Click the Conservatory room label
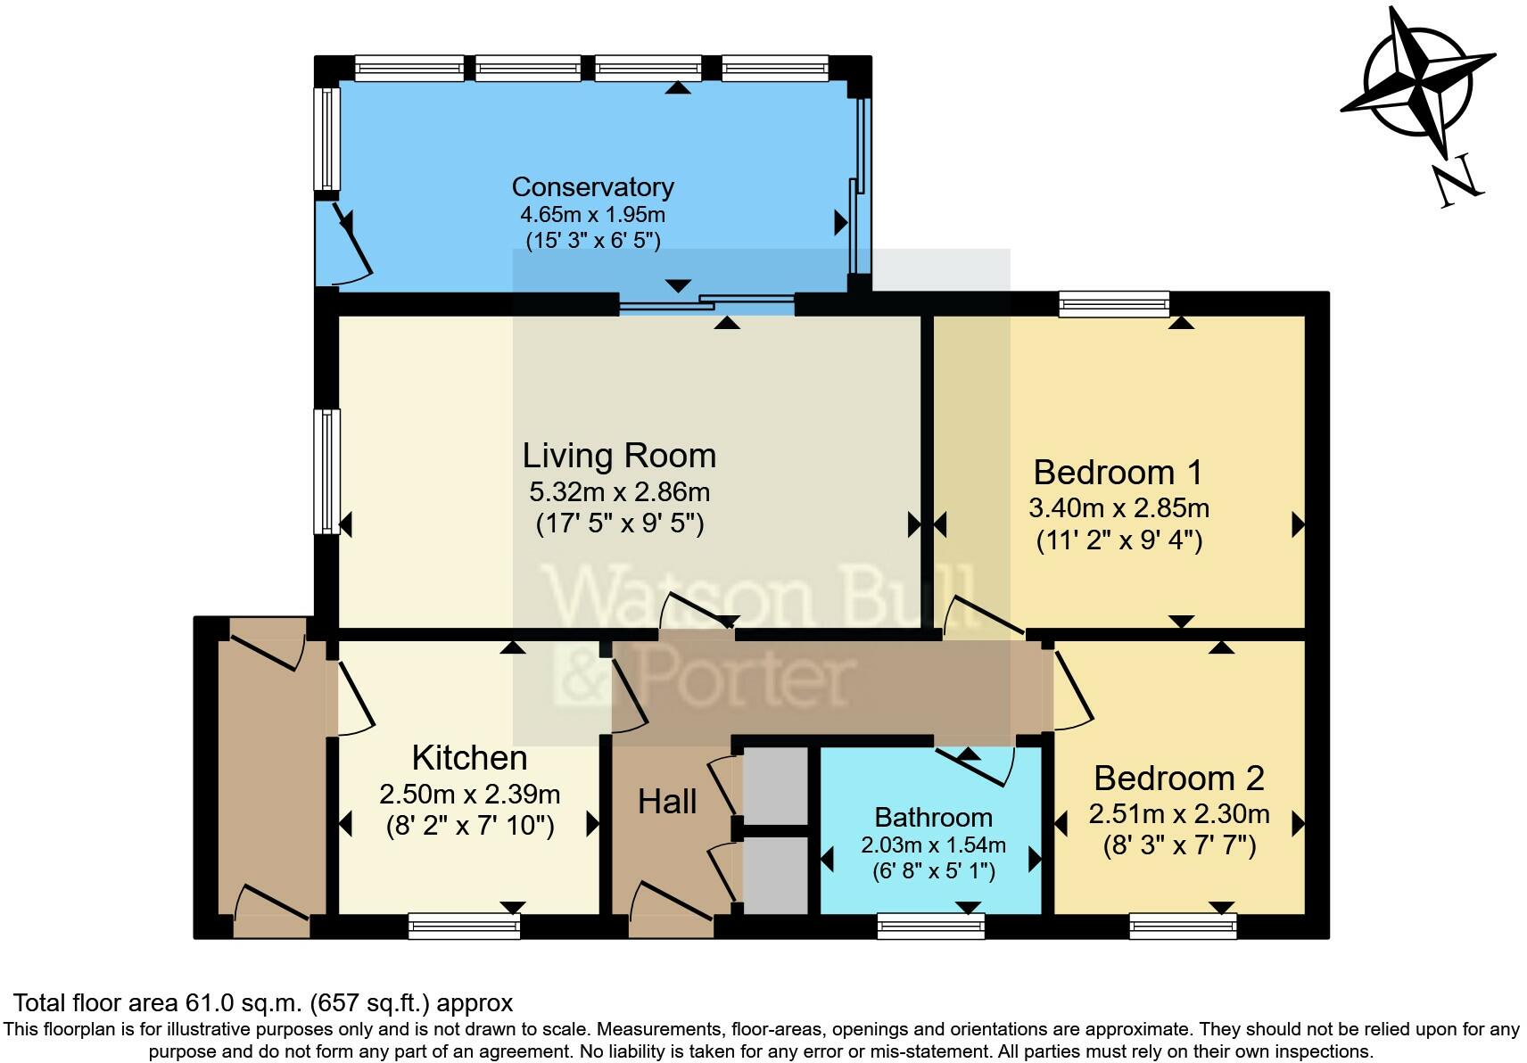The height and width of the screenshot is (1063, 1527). click(x=592, y=186)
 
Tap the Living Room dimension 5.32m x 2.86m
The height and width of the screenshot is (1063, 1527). click(x=619, y=491)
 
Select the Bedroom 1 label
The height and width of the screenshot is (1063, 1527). click(x=1118, y=472)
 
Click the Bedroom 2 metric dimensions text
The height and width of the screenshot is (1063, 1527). click(x=1178, y=813)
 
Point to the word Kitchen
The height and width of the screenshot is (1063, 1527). click(x=469, y=757)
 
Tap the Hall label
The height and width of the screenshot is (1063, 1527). click(x=666, y=802)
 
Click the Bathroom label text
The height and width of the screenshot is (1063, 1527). click(x=933, y=817)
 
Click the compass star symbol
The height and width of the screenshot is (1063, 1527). click(x=1417, y=82)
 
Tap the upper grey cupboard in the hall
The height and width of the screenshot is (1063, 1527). click(x=774, y=786)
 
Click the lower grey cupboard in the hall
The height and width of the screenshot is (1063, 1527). click(x=774, y=874)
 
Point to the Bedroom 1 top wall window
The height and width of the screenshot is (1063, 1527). click(x=1113, y=304)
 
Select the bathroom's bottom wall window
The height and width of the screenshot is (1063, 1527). click(x=930, y=926)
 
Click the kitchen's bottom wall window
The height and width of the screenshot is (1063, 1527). click(x=464, y=926)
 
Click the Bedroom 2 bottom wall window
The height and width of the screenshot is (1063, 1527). click(x=1183, y=926)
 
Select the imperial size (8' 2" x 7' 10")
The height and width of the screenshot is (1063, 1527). click(x=469, y=826)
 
